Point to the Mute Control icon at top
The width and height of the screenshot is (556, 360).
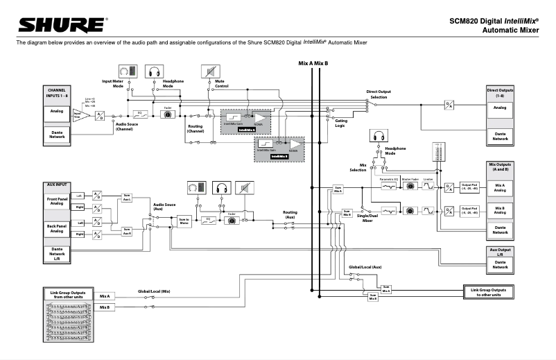click(x=209, y=71)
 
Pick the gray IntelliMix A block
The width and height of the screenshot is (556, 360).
click(x=248, y=121)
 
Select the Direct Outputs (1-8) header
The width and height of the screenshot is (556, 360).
click(x=500, y=92)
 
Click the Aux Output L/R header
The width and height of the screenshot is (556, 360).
click(x=500, y=252)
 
